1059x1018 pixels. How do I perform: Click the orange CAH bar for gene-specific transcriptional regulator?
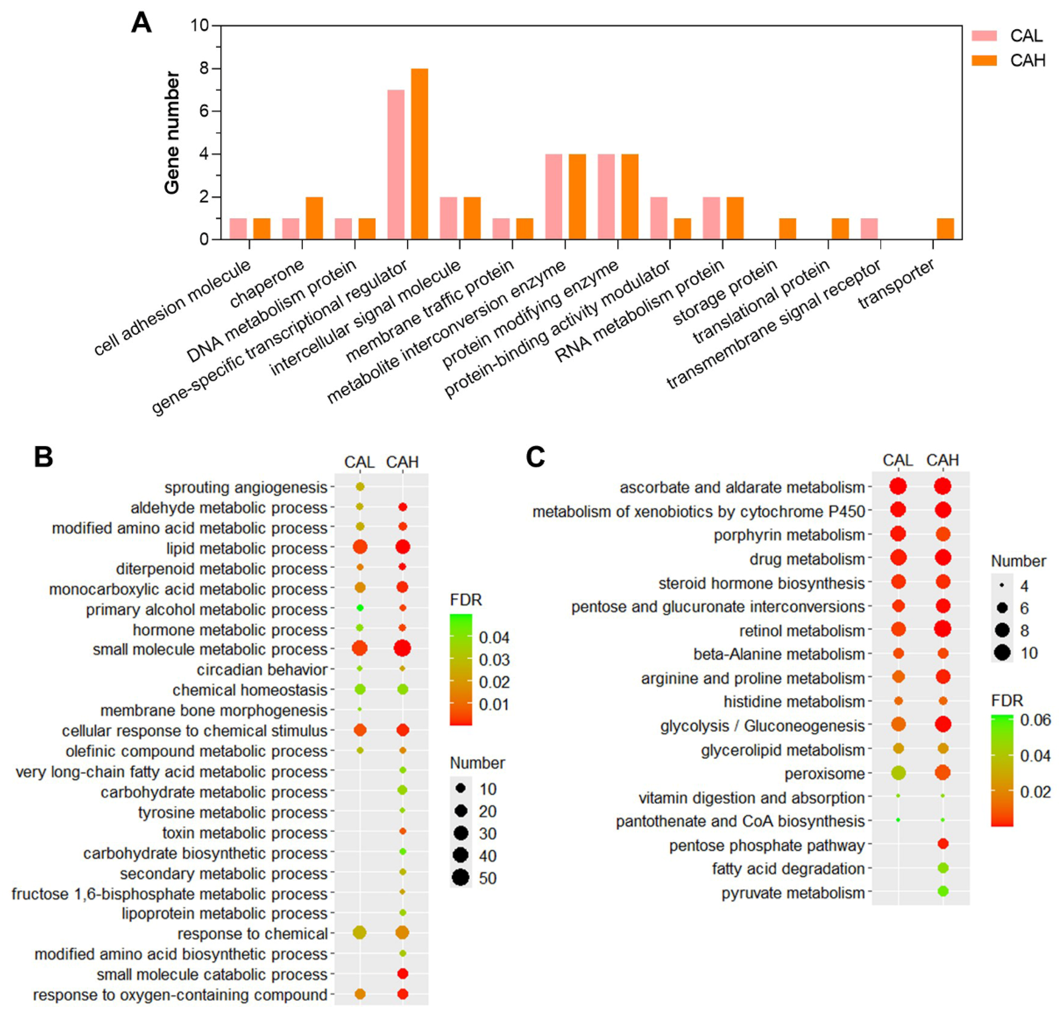(419, 154)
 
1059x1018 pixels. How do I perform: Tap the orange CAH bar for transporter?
(945, 229)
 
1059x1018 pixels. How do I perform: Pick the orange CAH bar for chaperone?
(314, 218)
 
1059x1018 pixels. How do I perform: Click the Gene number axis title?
(172, 132)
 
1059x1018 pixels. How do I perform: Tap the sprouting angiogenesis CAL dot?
(360, 487)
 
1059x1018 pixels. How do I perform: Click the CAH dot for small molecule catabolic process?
(402, 974)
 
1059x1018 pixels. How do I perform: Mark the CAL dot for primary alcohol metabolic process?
(360, 608)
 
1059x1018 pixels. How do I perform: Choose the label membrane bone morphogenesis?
(214, 710)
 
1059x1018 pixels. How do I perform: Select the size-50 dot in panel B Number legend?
(461, 878)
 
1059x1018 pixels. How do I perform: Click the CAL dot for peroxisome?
(898, 773)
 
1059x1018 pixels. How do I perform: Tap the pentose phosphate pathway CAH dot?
(943, 843)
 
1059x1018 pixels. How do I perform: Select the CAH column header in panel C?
(942, 460)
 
